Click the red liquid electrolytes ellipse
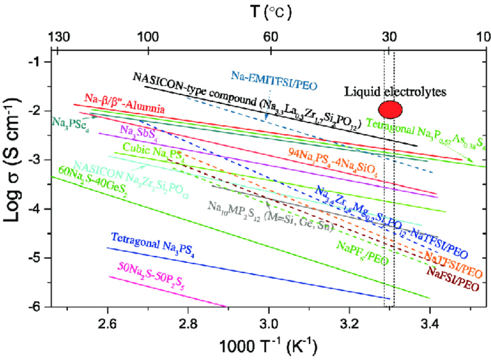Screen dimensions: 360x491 390,108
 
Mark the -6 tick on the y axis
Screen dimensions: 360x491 37,307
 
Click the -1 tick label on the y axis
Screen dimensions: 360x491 37,61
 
